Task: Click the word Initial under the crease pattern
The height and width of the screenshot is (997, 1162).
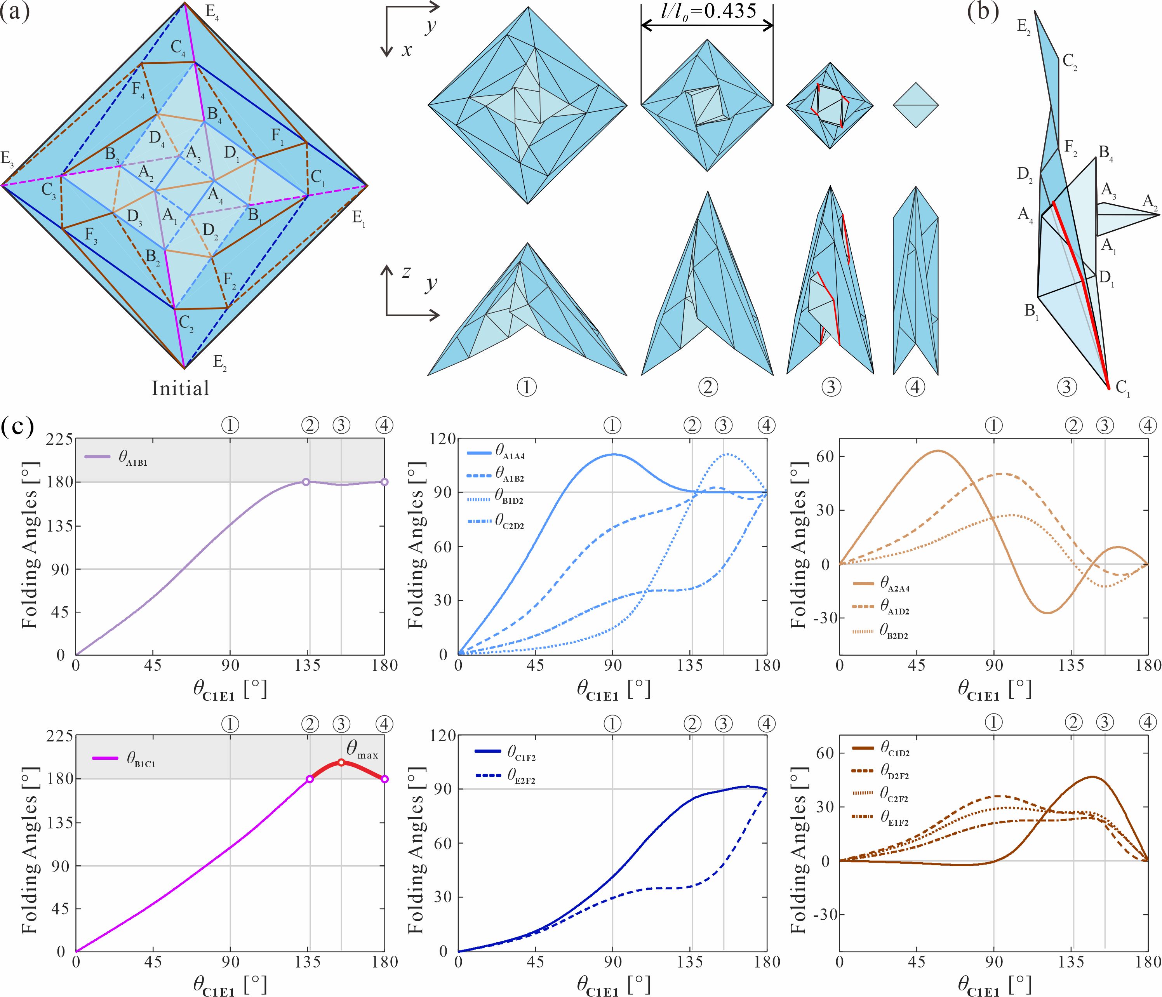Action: point(180,388)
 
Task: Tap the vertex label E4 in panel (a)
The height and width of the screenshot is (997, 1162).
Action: point(212,14)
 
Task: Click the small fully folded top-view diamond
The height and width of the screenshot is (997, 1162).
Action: point(915,105)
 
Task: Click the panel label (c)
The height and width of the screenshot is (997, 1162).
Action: point(17,428)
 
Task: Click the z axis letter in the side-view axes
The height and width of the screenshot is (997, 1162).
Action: point(405,273)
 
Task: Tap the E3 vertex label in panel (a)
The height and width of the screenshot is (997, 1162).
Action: point(8,159)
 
